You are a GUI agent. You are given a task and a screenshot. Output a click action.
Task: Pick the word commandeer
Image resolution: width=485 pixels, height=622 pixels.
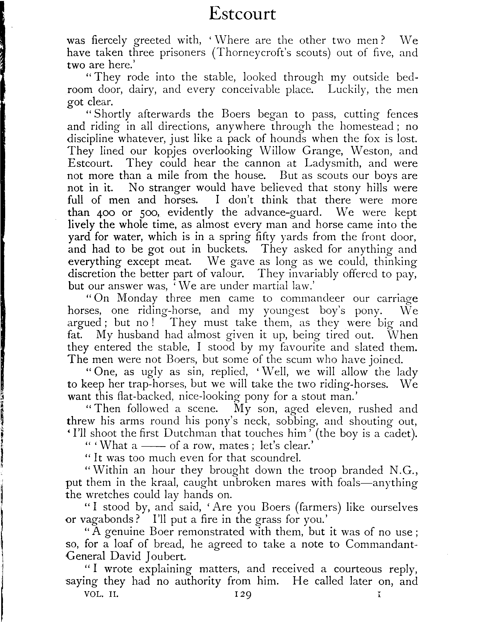(x=312, y=299)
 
